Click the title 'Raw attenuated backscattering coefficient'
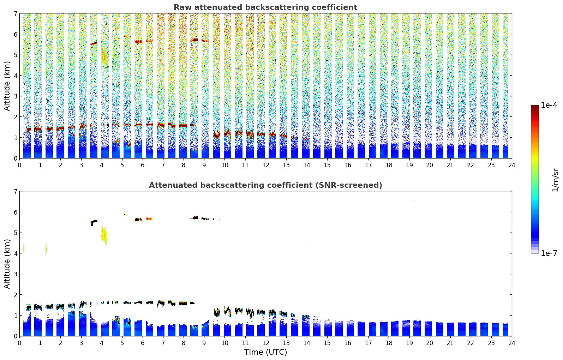(265, 7)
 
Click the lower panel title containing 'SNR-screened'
(265, 185)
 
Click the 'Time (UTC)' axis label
(265, 352)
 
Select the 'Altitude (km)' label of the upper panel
(7, 86)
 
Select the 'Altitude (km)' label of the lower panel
(7, 264)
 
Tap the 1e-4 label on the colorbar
(549, 105)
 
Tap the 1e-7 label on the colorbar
(549, 253)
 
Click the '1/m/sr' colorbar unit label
(555, 180)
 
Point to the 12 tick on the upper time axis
(266, 165)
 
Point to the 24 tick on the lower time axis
(512, 343)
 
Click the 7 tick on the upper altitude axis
(15, 14)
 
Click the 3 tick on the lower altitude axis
(15, 274)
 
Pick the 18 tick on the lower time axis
(389, 343)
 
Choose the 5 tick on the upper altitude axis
(15, 55)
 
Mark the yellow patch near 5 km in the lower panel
(104, 235)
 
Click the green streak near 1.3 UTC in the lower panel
(46, 249)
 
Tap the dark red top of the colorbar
(535, 107)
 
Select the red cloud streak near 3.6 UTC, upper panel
(94, 43)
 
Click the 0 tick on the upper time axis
(20, 165)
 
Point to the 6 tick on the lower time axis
(143, 343)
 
